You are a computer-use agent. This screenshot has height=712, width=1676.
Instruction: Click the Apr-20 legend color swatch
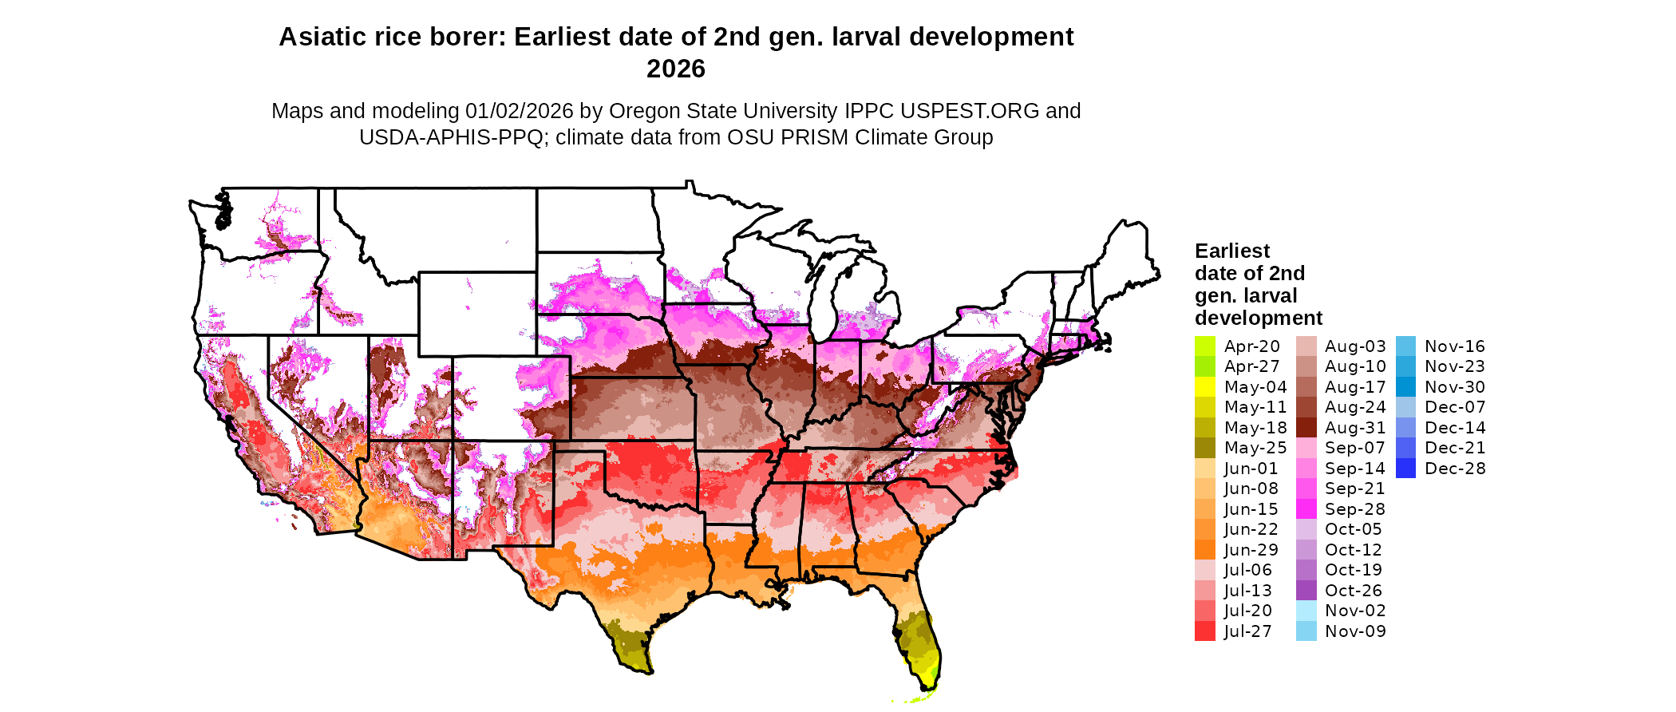click(1204, 346)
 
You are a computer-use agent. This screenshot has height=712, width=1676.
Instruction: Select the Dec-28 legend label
click(1455, 469)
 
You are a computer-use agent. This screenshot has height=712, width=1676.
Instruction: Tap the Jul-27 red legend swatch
click(1204, 631)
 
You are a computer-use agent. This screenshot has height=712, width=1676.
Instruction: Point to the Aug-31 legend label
click(1355, 428)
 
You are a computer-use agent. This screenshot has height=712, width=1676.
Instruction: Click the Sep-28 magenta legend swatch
click(1306, 509)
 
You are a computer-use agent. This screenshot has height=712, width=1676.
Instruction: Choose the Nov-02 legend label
click(1355, 611)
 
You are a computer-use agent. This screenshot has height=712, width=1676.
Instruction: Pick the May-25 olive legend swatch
click(1204, 448)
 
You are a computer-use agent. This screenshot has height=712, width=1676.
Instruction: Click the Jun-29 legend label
click(1251, 550)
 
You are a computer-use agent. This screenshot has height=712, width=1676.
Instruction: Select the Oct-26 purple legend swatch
click(1306, 591)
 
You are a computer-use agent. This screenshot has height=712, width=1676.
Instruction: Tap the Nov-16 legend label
click(1455, 346)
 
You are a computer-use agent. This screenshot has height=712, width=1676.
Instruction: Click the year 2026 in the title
click(676, 69)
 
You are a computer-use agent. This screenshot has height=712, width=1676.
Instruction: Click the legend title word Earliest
click(1231, 251)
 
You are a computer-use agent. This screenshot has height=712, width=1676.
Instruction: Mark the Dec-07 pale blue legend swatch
click(1405, 407)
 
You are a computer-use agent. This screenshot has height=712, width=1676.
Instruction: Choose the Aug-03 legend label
click(1355, 346)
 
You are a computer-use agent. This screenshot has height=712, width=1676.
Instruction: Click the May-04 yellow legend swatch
click(1204, 387)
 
